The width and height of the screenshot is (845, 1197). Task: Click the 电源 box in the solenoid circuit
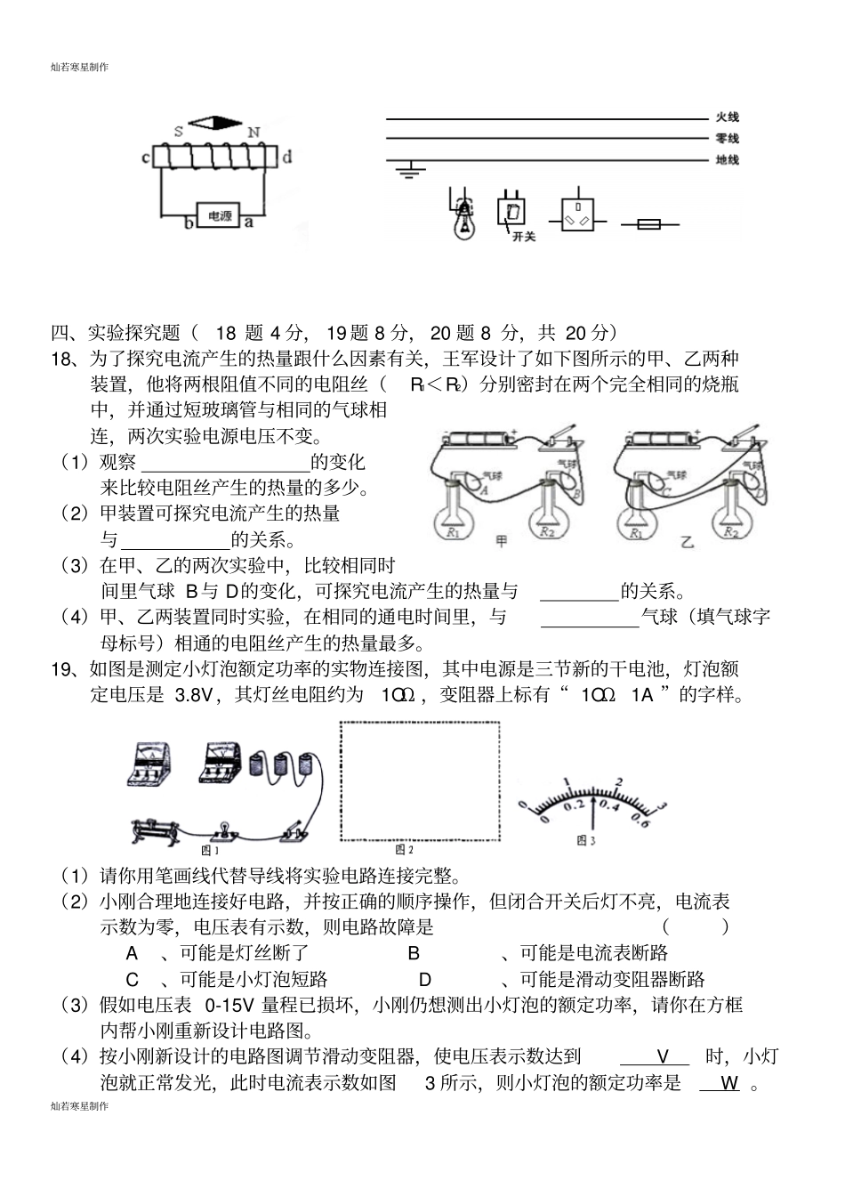[x=220, y=215]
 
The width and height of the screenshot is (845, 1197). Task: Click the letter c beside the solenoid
[x=145, y=158]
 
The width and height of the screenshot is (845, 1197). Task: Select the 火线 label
[x=727, y=117]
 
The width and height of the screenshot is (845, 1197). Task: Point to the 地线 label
[x=727, y=160]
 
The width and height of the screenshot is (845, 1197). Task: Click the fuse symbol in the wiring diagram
[x=649, y=225]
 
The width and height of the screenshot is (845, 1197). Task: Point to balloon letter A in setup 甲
[x=485, y=489]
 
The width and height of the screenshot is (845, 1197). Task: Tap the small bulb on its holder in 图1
[x=224, y=829]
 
